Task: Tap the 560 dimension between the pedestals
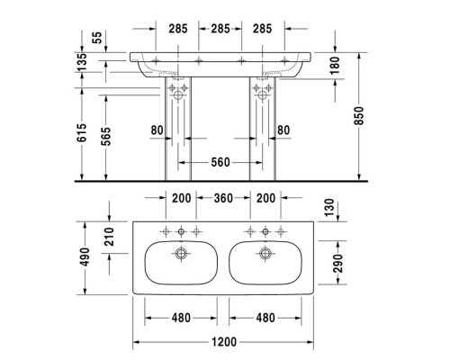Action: [220, 162]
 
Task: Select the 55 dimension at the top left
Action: [96, 37]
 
